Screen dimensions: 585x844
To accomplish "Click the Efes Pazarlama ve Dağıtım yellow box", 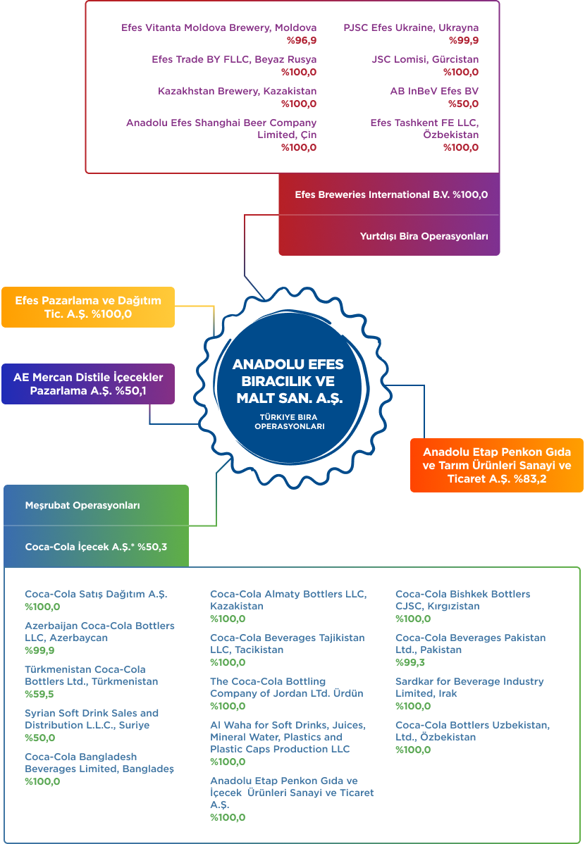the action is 88,307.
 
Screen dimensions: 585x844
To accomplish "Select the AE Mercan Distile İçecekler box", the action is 88,384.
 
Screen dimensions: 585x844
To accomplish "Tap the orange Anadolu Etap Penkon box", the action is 497,465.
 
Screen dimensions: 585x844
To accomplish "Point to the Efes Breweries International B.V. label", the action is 391,195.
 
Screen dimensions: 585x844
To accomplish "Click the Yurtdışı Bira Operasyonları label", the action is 424,236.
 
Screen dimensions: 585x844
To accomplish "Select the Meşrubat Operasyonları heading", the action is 82,505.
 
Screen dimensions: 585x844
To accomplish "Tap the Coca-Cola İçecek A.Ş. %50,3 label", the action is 96,547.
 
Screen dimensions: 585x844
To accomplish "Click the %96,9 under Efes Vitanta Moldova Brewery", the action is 302,40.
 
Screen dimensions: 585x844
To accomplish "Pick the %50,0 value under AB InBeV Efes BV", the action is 463,104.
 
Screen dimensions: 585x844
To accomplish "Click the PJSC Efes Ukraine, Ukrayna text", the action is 411,27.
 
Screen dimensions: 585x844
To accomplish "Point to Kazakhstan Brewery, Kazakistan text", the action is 237,91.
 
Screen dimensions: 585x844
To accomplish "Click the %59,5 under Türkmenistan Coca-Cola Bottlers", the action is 39,695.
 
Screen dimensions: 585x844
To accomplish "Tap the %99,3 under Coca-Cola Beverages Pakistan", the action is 410,663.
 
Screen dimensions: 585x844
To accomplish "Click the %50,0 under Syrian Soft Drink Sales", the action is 40,738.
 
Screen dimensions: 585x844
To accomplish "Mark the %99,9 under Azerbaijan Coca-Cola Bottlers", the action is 40,651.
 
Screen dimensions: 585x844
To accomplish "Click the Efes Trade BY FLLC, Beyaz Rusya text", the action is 234,59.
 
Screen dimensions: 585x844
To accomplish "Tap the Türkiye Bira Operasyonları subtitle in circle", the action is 289,421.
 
